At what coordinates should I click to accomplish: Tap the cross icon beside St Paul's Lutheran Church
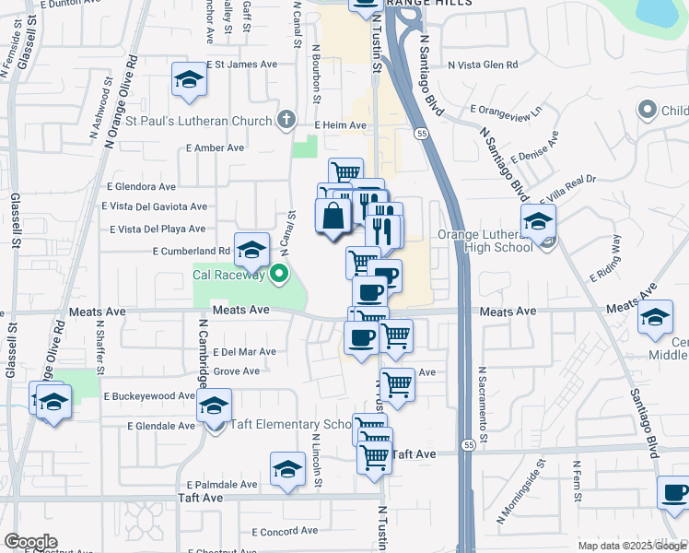tap(286, 119)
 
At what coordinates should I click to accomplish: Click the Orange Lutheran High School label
tap(485, 241)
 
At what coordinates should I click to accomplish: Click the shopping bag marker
tap(333, 218)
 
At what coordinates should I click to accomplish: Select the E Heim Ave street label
tap(340, 125)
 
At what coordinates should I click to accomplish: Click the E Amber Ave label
tap(215, 147)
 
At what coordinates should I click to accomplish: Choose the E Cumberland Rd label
tap(192, 251)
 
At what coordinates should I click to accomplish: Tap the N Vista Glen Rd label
tap(484, 65)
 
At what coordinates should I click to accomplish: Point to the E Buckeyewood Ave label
tap(149, 395)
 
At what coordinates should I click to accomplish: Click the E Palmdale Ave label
tap(221, 484)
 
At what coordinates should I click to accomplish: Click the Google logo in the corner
tap(30, 542)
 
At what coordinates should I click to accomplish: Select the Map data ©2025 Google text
tap(632, 546)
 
